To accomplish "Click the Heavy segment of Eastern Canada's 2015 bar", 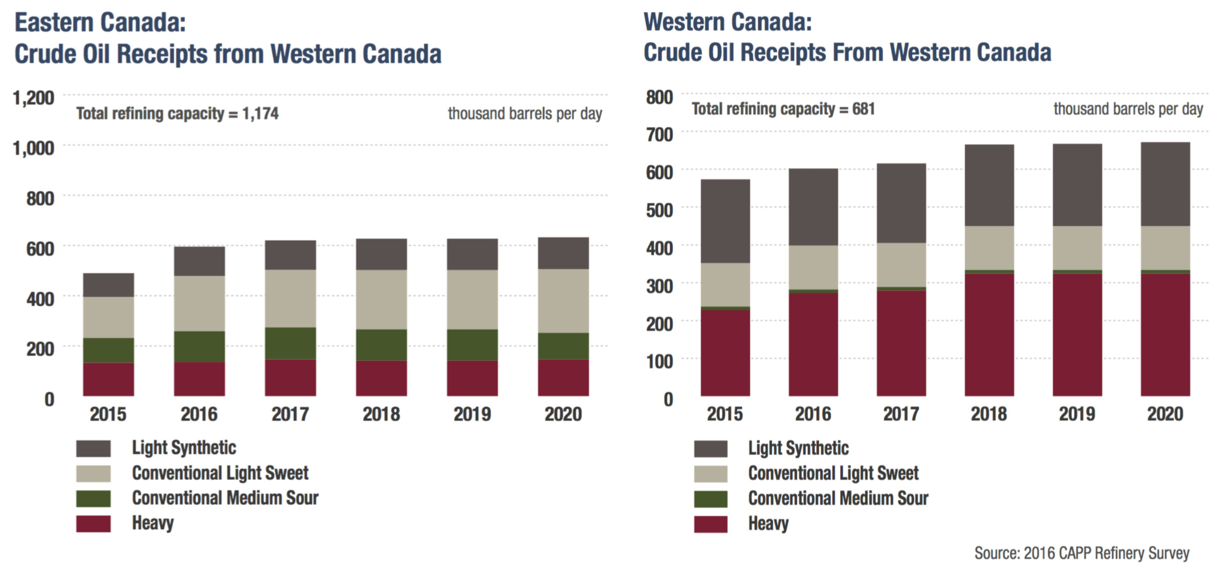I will (108, 379).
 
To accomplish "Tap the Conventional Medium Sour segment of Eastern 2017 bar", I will (290, 343).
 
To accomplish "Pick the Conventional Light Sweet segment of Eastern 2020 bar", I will (563, 301).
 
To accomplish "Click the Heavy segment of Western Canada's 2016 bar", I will (813, 344).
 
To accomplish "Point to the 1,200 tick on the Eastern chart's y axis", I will (34, 98).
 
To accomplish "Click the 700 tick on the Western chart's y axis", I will (659, 134).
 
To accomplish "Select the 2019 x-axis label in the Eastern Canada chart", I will (472, 414).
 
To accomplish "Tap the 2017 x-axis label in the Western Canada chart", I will (901, 414).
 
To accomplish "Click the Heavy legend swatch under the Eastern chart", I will (93, 523).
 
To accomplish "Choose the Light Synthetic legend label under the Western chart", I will (798, 448).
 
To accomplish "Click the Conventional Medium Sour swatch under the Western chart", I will (710, 499).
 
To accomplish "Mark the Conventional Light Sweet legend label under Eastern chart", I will (220, 473).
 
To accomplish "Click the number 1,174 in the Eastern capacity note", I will (260, 113).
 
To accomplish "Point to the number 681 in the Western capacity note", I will (863, 109).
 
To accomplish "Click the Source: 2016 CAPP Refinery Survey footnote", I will (1081, 553).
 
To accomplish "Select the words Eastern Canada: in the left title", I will (100, 22).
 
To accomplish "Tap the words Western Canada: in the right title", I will (727, 22).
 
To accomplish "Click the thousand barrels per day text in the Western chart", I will (1128, 109).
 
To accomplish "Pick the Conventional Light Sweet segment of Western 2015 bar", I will (725, 285).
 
